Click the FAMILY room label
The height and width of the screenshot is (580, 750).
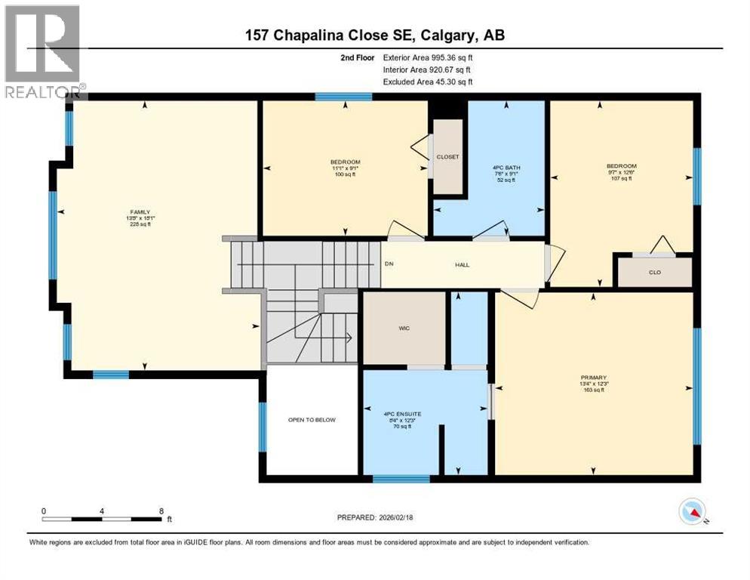click(x=140, y=212)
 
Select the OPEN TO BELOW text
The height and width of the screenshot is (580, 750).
click(x=312, y=420)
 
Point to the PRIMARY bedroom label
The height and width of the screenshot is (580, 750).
click(x=594, y=377)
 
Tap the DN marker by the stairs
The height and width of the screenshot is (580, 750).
click(x=389, y=264)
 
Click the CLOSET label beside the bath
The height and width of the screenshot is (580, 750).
click(x=448, y=157)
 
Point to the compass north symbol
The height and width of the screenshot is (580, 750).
click(x=692, y=513)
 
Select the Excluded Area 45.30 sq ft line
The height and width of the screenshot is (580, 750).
click(x=428, y=82)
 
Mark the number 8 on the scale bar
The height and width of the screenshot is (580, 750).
click(x=161, y=511)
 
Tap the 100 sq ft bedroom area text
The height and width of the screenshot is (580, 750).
click(x=345, y=174)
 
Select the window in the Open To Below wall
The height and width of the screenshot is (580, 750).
click(x=263, y=426)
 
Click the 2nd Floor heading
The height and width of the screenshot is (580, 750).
click(x=358, y=57)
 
